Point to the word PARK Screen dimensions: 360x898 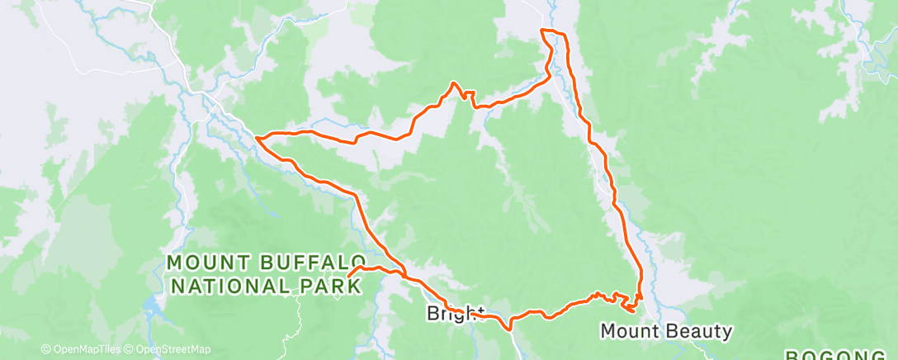[329, 286]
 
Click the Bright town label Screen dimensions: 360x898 [455, 314]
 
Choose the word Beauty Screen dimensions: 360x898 [701, 331]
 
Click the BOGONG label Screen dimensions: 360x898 [839, 356]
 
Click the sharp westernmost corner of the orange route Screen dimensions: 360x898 [257, 138]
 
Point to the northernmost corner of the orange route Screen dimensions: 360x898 [542, 31]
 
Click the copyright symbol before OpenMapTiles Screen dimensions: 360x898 [45, 349]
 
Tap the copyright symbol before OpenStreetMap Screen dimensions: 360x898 [130, 349]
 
